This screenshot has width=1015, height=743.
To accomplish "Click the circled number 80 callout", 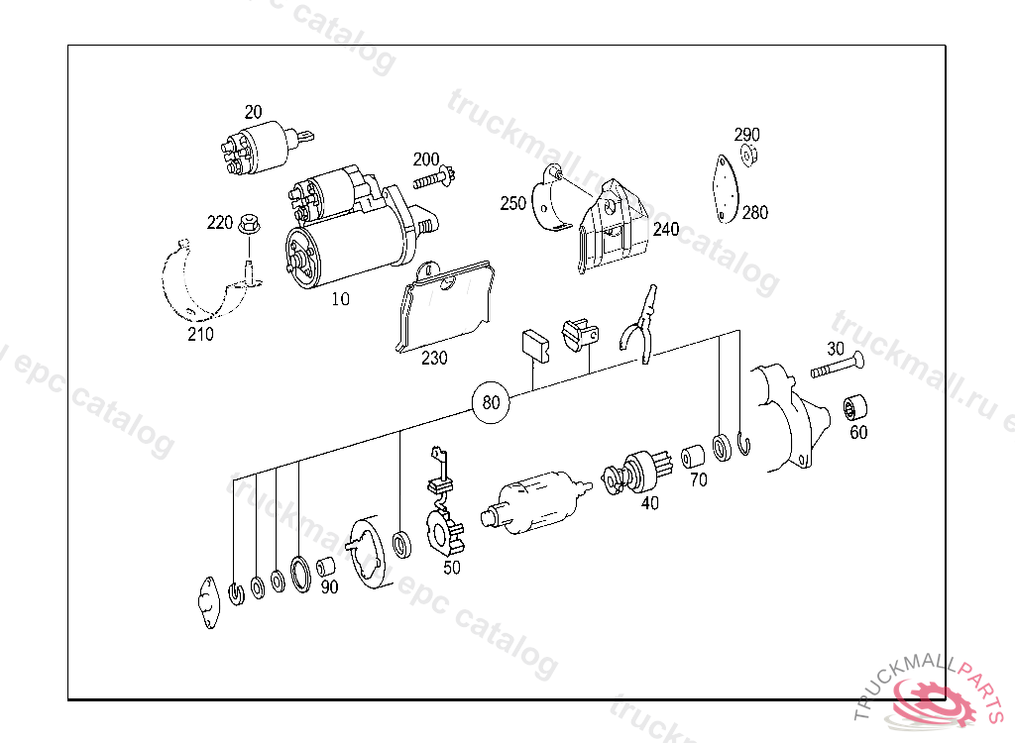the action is (491, 402).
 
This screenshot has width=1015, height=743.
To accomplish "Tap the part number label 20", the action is (253, 112).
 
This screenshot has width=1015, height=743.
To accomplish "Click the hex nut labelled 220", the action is (248, 225).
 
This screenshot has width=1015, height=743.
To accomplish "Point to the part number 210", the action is (200, 334).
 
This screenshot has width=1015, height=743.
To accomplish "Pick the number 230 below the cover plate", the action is (434, 358).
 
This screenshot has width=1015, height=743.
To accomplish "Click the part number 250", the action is (512, 203).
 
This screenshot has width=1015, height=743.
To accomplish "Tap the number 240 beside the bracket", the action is (666, 229).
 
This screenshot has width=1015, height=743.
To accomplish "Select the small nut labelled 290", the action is (749, 156).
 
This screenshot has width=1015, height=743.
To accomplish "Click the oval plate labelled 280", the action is (726, 189).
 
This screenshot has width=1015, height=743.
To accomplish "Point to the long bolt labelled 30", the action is (838, 366).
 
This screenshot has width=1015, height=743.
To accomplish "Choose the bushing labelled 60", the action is (855, 408).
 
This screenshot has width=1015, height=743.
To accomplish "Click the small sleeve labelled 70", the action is (693, 457).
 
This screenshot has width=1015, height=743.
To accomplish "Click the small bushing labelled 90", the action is (326, 567).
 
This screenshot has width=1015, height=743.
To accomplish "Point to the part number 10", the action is (341, 299).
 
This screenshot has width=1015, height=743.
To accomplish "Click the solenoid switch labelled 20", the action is (259, 148).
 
